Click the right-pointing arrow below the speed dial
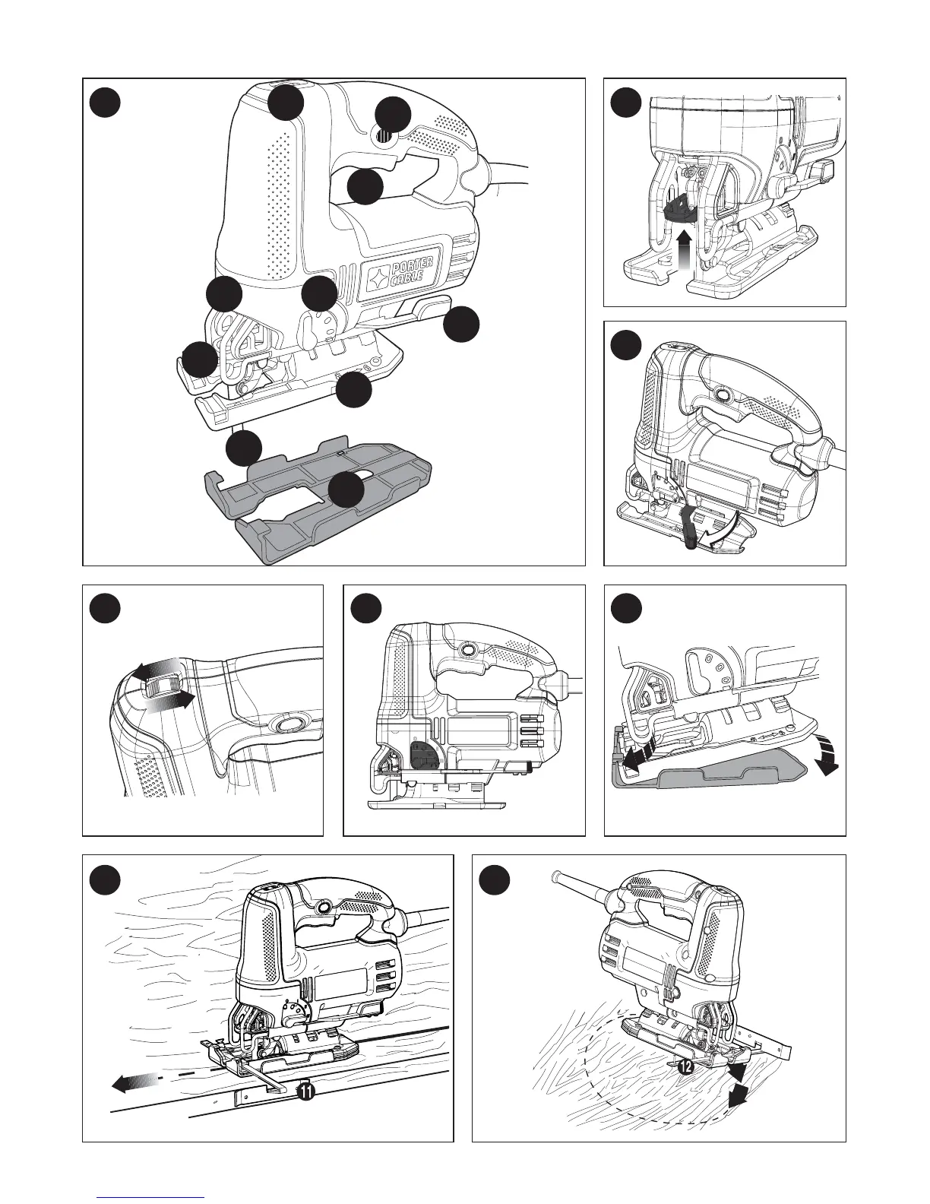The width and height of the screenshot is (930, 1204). click(170, 702)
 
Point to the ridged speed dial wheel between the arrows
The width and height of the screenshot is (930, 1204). click(161, 686)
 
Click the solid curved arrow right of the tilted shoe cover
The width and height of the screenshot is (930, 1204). click(827, 759)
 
